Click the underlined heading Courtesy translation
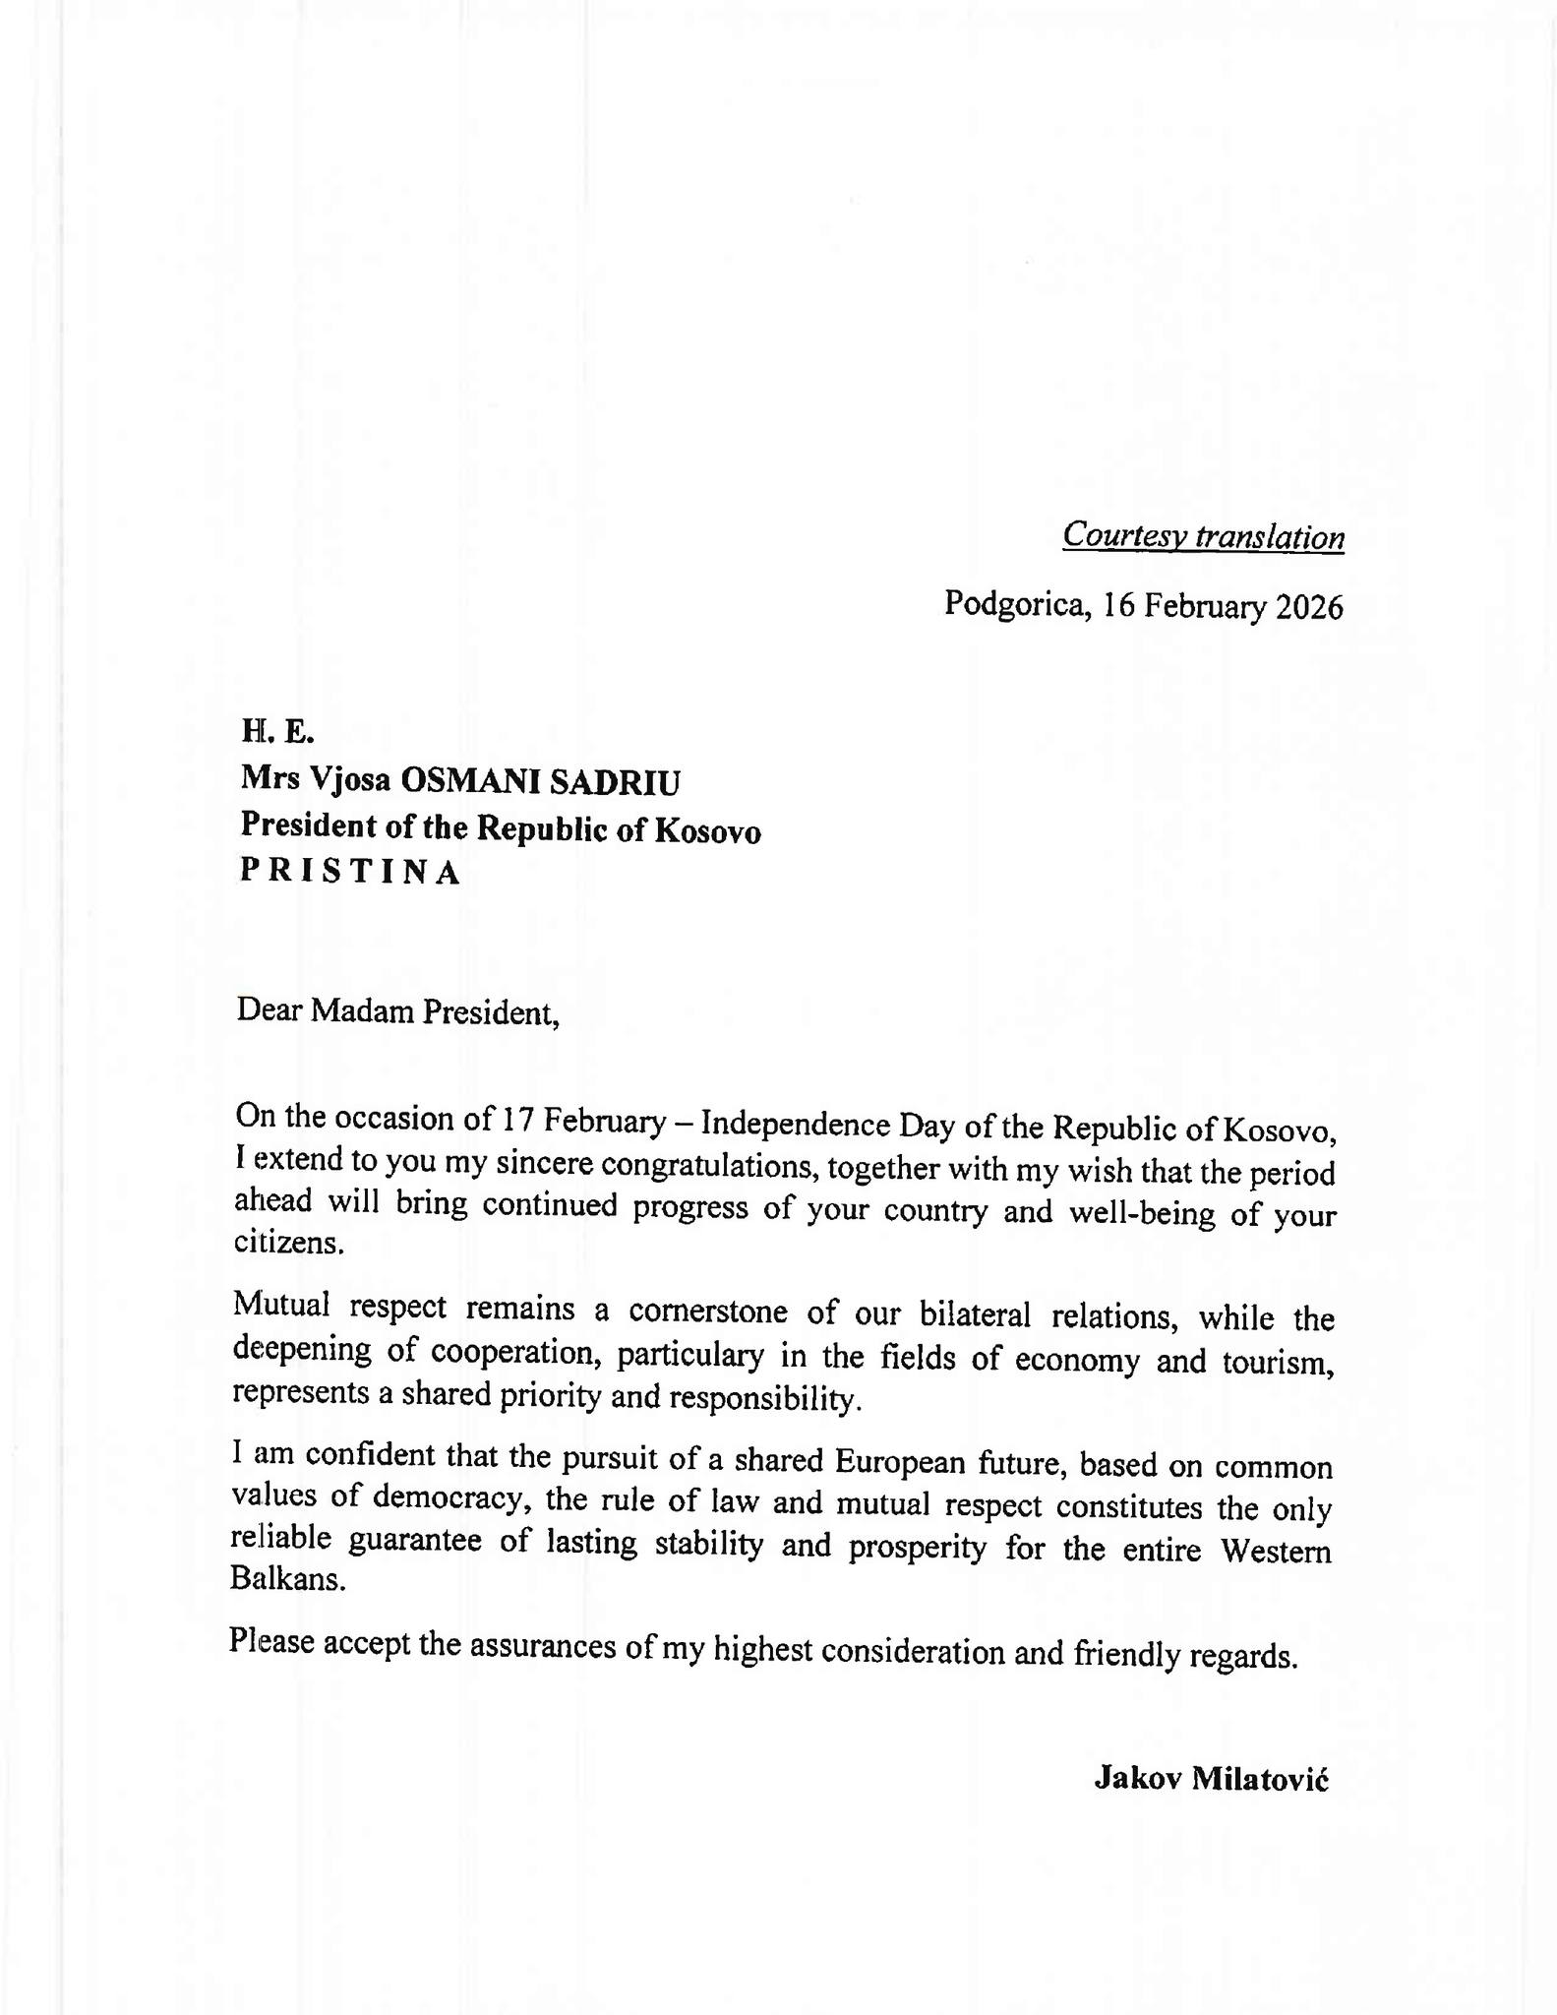[1203, 536]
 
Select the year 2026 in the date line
[1309, 607]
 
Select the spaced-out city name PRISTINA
[350, 873]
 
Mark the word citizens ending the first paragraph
[289, 1243]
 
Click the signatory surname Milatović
[1260, 1779]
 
